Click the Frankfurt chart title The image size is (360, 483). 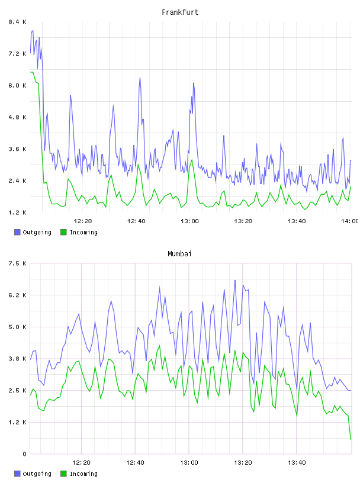(180, 12)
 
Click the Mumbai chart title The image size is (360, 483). (179, 253)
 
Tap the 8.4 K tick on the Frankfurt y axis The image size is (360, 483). (17, 22)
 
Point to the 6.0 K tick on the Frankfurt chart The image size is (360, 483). (17, 85)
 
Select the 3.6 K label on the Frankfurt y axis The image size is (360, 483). (17, 149)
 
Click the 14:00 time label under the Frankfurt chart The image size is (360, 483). (349, 221)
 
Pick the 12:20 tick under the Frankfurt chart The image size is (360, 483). (83, 221)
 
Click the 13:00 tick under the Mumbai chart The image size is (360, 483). (189, 462)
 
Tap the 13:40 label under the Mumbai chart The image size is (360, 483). (297, 462)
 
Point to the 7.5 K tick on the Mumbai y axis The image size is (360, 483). (17, 263)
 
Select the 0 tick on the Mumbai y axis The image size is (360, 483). (24, 454)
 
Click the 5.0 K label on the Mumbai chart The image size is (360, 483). (17, 327)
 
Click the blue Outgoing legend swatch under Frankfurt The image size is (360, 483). (17, 232)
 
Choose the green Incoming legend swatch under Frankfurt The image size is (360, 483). (63, 232)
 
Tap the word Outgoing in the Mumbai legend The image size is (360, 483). (37, 474)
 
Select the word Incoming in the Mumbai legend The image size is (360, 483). (83, 474)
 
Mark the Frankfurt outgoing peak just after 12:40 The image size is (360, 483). (140, 78)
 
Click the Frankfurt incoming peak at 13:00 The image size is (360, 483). (192, 160)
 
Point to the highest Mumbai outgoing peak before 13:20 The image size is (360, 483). (235, 281)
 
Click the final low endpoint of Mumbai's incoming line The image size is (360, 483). (351, 439)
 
